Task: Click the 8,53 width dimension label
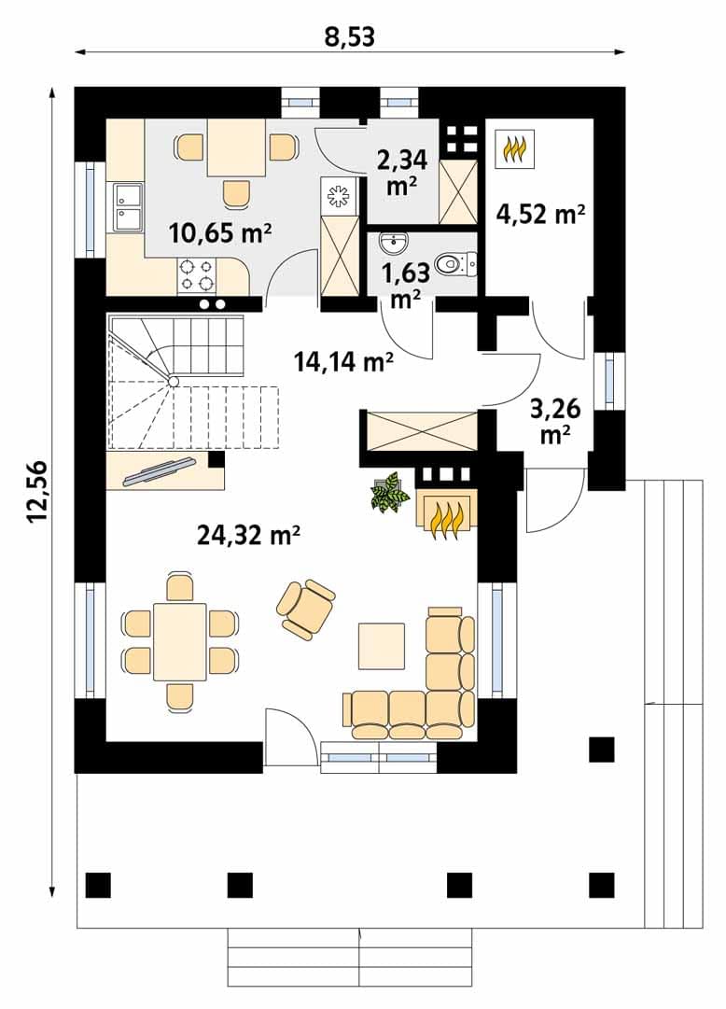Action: coord(350,36)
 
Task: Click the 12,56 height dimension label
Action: coord(38,492)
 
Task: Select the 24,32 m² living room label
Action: coord(249,534)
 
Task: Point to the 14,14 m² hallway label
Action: coord(343,361)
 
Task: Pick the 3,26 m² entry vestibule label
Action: coord(555,421)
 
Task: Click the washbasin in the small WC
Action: coord(392,243)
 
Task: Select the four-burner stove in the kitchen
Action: coord(196,274)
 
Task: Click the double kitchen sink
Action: coord(128,206)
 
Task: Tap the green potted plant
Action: coord(390,493)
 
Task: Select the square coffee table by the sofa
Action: coord(382,646)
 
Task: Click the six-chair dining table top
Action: coord(180,641)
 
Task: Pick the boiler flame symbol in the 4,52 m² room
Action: coord(515,149)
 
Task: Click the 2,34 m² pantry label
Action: coord(402,172)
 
